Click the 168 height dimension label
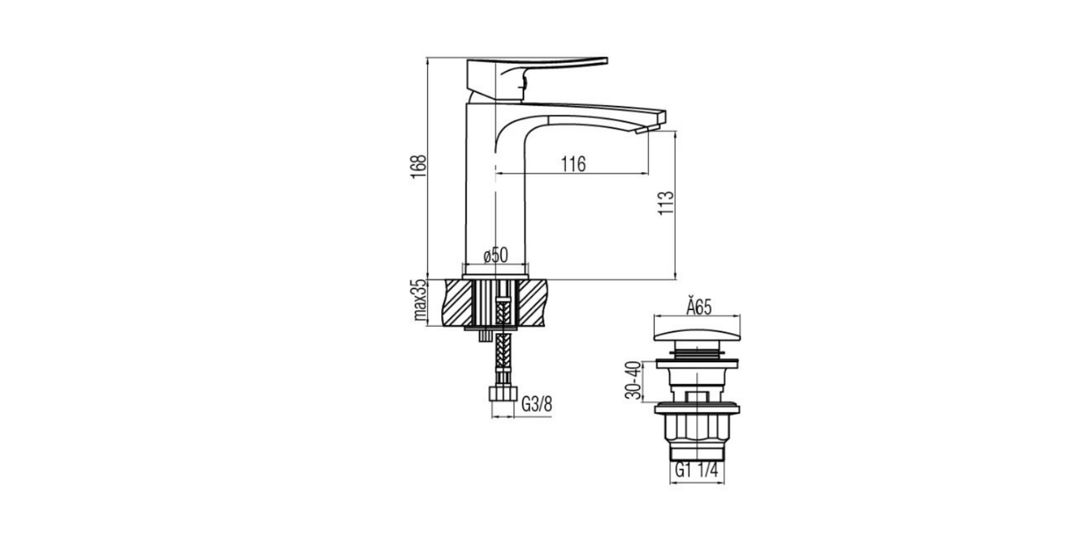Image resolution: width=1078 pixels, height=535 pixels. (x=418, y=167)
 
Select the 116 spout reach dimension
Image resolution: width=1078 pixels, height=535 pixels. (x=574, y=165)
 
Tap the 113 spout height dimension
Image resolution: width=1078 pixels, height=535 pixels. (x=666, y=203)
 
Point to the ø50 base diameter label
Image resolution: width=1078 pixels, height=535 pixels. (x=496, y=255)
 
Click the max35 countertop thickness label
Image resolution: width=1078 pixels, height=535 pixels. (x=420, y=300)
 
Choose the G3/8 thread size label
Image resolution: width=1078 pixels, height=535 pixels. (x=537, y=405)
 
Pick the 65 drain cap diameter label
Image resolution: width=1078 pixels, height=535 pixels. (x=698, y=307)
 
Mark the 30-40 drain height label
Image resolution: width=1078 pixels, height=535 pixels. (x=634, y=380)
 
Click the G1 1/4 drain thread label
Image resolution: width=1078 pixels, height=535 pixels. (x=696, y=469)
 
